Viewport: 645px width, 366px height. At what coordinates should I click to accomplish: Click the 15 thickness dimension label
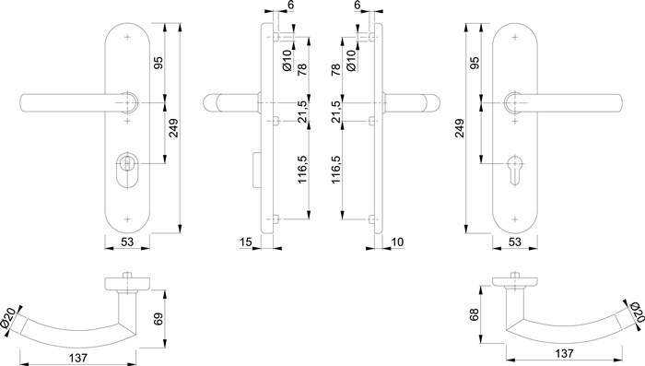click(246, 242)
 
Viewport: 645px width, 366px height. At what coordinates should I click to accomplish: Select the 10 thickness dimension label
click(397, 242)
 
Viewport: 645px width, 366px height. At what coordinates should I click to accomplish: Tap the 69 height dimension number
click(158, 320)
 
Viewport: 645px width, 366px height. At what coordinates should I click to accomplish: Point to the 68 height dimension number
click(475, 316)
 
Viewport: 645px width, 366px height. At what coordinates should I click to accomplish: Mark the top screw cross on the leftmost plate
click(127, 38)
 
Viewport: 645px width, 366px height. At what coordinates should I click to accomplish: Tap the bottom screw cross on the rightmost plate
click(514, 219)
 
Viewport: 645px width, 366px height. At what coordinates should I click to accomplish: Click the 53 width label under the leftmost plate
click(127, 242)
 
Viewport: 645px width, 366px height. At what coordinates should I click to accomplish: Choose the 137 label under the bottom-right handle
click(564, 353)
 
